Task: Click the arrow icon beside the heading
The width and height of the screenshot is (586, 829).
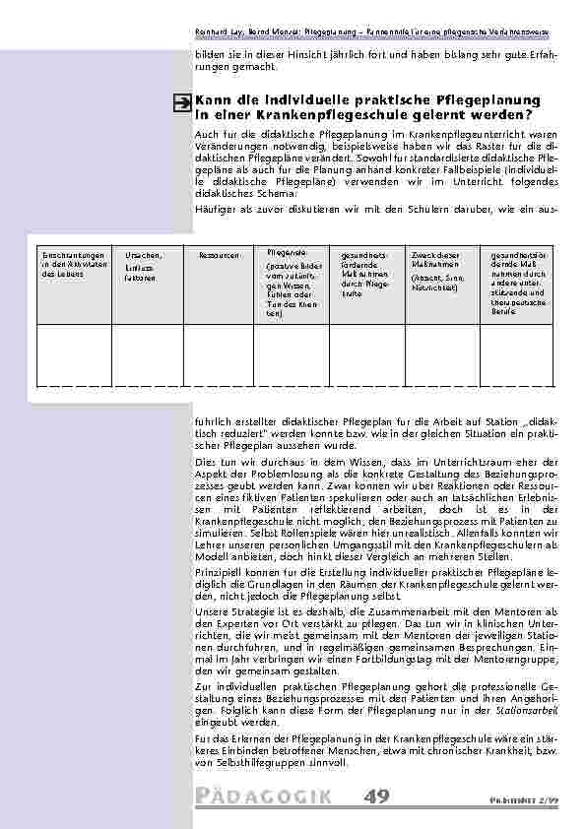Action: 182,102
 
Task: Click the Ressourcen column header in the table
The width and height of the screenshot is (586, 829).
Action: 218,255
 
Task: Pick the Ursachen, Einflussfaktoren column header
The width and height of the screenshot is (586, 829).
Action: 139,266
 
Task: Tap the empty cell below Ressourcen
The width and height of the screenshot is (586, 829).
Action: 218,353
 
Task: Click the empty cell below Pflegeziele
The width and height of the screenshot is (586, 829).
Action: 289,353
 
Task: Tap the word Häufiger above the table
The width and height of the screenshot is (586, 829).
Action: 217,210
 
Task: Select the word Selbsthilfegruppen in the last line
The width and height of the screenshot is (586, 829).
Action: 249,767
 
